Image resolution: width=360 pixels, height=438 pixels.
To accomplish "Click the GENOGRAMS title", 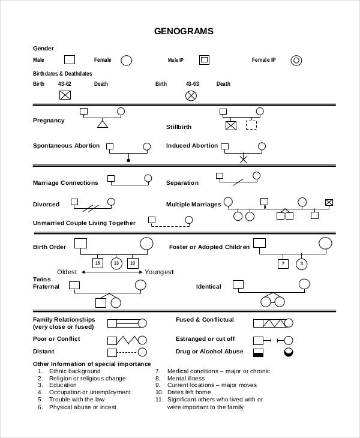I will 184,31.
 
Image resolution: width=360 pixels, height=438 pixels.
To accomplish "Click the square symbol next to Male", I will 70,60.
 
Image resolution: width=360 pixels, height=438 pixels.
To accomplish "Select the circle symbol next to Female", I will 126,60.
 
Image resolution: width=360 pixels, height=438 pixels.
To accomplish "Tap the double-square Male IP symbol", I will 204,60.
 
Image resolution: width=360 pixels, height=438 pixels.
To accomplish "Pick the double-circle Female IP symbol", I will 296,60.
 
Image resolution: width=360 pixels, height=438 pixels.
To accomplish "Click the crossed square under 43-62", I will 65,95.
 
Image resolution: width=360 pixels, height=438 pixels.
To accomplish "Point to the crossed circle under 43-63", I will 191,95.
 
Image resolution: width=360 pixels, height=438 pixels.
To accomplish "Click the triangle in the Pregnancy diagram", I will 103,124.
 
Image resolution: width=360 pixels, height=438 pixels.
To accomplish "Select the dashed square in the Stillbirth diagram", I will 251,125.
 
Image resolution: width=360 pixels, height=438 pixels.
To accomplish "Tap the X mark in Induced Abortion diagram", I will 243,160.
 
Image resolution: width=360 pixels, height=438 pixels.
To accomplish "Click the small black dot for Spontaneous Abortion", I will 128,160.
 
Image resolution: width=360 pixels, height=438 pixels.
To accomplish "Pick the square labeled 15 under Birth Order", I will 98,263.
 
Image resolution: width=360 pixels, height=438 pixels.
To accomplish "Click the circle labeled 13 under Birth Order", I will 116,263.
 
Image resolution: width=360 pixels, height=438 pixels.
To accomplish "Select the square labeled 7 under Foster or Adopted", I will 283,263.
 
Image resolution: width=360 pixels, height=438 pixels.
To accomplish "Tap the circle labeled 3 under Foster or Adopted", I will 302,263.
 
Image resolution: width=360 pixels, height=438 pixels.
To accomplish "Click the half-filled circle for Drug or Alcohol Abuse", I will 289,352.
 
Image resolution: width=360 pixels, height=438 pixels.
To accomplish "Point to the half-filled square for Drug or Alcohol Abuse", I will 258,352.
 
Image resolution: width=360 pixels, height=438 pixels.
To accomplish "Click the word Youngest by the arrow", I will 159,272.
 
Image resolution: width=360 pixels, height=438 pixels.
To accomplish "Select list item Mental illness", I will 185,379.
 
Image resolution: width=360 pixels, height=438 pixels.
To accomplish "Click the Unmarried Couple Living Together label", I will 84,223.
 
